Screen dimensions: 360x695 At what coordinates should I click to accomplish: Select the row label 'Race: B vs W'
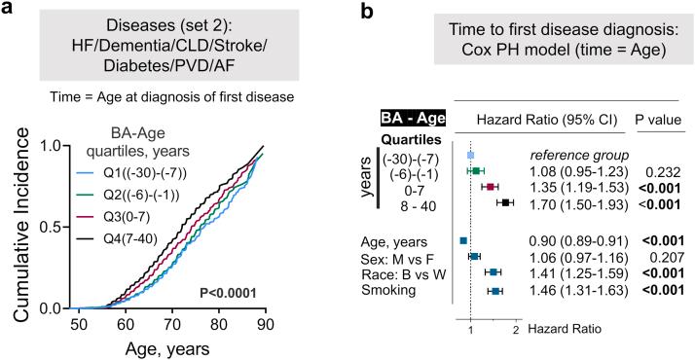point(417,273)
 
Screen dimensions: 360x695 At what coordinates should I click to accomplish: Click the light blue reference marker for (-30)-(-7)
point(471,155)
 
